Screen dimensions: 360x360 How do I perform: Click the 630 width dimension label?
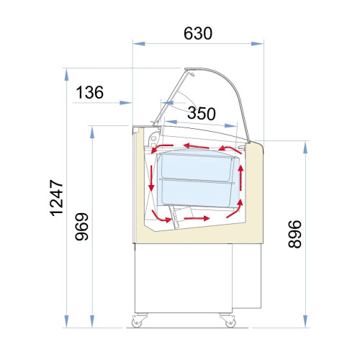(198, 33)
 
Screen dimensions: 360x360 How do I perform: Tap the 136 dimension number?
(90, 92)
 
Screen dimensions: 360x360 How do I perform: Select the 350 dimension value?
(202, 113)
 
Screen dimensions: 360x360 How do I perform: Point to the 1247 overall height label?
(57, 198)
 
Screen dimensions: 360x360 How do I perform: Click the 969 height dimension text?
(82, 227)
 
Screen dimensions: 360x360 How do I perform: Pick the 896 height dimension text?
(294, 234)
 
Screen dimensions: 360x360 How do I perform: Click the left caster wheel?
(138, 320)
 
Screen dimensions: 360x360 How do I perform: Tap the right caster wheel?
(229, 320)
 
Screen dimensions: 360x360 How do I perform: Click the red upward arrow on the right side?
(240, 178)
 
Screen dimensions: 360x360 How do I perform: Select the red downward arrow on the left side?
(151, 178)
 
